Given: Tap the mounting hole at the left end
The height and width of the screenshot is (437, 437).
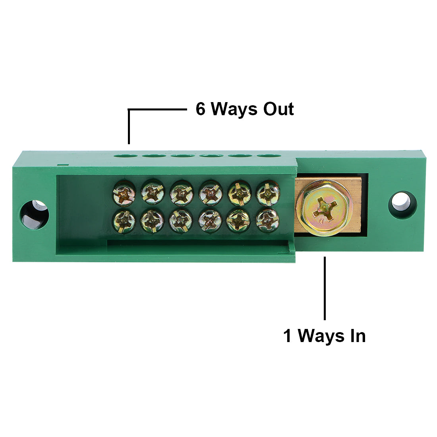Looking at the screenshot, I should click(34, 215).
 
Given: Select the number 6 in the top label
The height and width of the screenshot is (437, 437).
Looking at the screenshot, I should click(201, 109).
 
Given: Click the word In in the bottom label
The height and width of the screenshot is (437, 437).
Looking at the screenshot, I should click(357, 336).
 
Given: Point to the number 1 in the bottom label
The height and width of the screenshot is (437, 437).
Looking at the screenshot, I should click(288, 336).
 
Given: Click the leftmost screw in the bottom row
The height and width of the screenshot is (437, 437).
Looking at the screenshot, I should click(124, 220).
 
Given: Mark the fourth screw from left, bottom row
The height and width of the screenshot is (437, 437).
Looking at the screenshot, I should click(210, 220).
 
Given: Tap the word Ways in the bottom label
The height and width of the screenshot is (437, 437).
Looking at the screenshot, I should click(320, 336).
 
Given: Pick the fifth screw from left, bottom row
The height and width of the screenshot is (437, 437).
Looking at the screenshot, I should click(238, 220).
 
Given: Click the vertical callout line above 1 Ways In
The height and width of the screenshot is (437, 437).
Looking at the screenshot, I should click(325, 288).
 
